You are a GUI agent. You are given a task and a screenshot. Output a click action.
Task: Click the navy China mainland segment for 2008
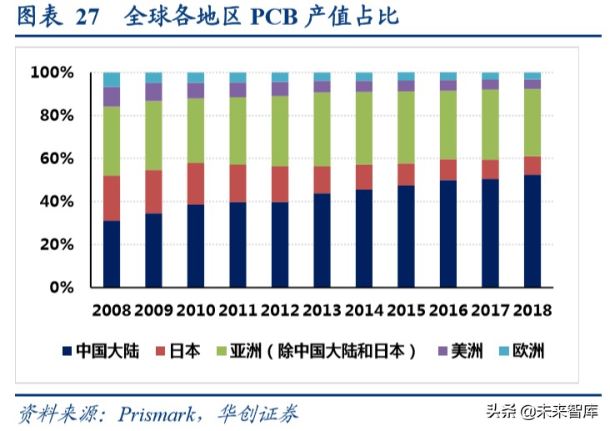tap(112, 254)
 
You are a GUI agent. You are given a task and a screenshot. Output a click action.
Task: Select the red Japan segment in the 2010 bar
tap(196, 183)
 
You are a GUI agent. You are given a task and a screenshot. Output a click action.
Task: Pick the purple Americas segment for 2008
tap(112, 96)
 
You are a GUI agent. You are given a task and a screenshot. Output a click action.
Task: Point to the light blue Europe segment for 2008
tap(112, 79)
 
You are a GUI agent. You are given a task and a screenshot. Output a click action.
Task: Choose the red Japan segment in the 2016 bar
tap(447, 170)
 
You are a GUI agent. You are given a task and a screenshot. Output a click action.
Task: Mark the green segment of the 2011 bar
tap(237, 131)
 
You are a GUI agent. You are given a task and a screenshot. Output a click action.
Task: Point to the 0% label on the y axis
tap(62, 288)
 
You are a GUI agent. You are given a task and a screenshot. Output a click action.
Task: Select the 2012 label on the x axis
tap(279, 310)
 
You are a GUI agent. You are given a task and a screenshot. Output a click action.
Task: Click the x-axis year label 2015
tap(406, 310)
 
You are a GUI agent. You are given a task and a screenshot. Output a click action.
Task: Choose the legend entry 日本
tap(184, 351)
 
